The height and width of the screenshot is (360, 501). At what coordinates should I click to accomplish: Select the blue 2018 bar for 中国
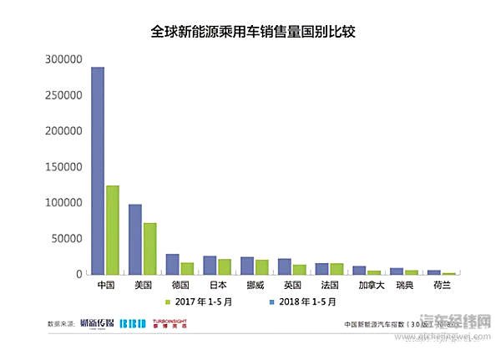point(98,170)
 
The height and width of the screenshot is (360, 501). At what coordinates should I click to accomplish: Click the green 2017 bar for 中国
point(112,230)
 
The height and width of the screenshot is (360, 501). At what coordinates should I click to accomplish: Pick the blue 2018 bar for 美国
point(135,239)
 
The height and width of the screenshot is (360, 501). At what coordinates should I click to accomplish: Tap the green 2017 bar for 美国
point(149,248)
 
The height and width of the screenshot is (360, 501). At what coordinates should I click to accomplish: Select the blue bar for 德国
point(172,264)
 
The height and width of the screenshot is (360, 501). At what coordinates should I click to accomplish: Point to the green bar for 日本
point(224,266)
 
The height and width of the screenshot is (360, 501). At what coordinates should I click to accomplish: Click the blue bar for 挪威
point(247,265)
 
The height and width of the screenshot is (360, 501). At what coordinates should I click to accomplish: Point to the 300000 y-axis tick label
point(63,60)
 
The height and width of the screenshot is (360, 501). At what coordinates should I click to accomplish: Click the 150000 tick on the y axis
point(63,167)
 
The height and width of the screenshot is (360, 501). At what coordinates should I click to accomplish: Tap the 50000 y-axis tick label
point(66,239)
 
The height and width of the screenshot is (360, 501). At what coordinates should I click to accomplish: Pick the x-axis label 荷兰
point(441,285)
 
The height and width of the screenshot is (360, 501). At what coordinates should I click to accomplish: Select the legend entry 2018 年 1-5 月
point(306,301)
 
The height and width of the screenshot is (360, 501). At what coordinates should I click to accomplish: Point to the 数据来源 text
point(61,322)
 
